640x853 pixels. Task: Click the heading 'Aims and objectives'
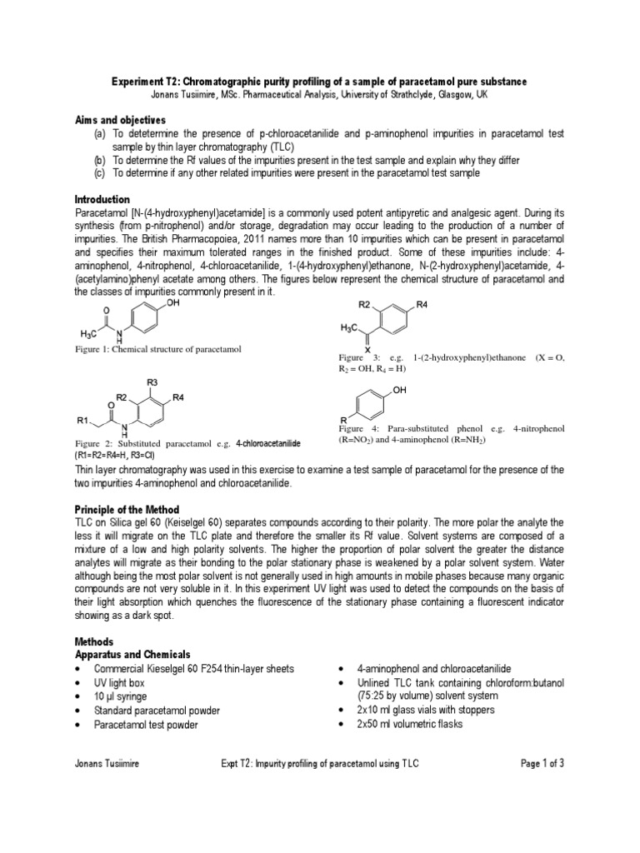click(120, 121)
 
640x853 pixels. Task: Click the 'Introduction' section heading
click(102, 200)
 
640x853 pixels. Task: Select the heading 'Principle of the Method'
click(127, 509)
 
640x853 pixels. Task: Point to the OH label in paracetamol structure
click(172, 304)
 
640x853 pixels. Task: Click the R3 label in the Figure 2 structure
click(152, 382)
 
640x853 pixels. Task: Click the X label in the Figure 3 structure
click(367, 350)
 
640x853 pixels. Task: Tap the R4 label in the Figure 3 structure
click(422, 306)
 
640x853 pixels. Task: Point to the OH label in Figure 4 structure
click(400, 390)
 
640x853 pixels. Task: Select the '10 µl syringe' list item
click(120, 696)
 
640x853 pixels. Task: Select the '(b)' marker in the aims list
click(99, 160)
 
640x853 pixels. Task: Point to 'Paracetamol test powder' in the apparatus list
click(146, 725)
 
